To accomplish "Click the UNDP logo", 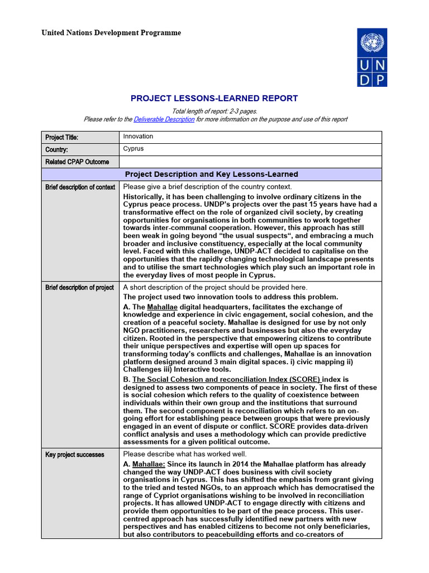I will point(371,58).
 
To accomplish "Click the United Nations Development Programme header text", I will point(111,33).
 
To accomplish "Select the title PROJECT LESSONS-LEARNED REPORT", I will point(214,98).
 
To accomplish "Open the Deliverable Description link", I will point(164,119).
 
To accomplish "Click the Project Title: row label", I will point(61,138).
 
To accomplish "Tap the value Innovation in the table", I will point(138,137).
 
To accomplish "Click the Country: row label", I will point(56,150).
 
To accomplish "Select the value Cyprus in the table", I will point(134,149).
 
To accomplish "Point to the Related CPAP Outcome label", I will point(77,162).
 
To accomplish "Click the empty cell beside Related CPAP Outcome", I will point(250,162).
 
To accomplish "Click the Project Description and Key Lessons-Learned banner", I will point(211,175).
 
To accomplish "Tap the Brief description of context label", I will point(80,187).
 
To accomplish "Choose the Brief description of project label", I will point(79,288).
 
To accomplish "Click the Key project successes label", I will point(74,455).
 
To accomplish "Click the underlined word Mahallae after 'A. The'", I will point(162,307).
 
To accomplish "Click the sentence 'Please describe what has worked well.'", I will point(185,454).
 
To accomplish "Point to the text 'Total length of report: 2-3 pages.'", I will point(214,111).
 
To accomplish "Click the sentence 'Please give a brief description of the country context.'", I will point(207,187).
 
